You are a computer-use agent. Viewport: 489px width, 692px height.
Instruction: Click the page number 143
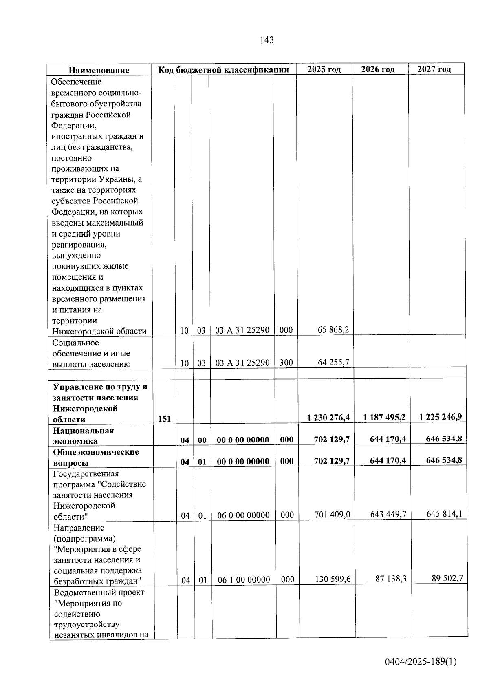click(x=266, y=40)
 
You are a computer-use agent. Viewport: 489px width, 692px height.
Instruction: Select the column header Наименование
click(x=99, y=70)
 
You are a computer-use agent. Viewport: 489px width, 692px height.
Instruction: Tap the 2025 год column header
click(x=324, y=69)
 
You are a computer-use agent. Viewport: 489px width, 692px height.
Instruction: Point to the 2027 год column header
click(x=434, y=69)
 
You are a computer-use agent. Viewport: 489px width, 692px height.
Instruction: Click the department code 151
click(x=164, y=418)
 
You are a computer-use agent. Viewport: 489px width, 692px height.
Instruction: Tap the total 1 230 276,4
click(x=328, y=418)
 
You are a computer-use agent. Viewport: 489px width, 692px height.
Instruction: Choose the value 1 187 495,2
click(x=384, y=417)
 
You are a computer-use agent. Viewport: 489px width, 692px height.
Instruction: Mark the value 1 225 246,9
click(x=440, y=417)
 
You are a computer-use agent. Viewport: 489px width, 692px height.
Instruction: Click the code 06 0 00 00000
click(x=243, y=515)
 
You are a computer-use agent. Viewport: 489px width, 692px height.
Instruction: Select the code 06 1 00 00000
click(x=244, y=580)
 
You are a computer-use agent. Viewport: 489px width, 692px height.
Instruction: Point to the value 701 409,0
click(x=332, y=515)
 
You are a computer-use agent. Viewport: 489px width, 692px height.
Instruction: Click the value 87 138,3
click(x=391, y=579)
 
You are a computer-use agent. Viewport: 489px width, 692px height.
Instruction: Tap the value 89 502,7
click(x=447, y=578)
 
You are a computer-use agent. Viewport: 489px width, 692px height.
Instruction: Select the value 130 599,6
click(x=333, y=579)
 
